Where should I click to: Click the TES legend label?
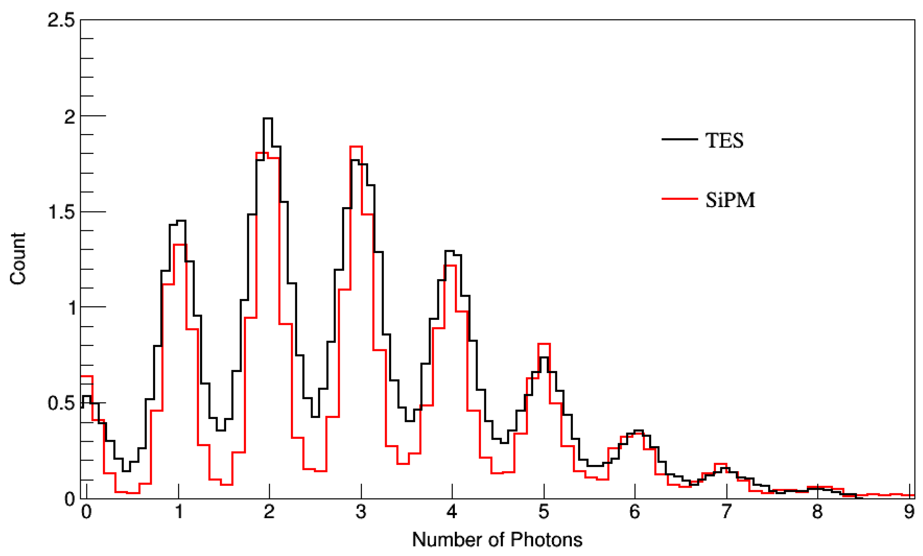724,141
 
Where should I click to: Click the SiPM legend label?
730,200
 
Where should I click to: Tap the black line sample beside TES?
679,139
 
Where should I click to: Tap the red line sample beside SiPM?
679,198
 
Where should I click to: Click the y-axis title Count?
18,259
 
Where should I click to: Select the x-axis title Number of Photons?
497,539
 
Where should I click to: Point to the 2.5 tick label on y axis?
61,20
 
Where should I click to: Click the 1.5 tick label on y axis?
61,212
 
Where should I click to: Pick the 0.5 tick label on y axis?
61,403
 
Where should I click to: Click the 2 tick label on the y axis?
70,117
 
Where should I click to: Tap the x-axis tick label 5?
544,512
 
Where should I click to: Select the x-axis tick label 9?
909,512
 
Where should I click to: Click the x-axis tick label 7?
726,512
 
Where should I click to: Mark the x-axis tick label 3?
361,512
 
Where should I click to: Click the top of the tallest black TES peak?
267,119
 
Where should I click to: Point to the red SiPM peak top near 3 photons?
356,147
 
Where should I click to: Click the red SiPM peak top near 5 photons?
544,343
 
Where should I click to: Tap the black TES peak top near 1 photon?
181,221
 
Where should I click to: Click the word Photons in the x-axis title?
546,539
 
